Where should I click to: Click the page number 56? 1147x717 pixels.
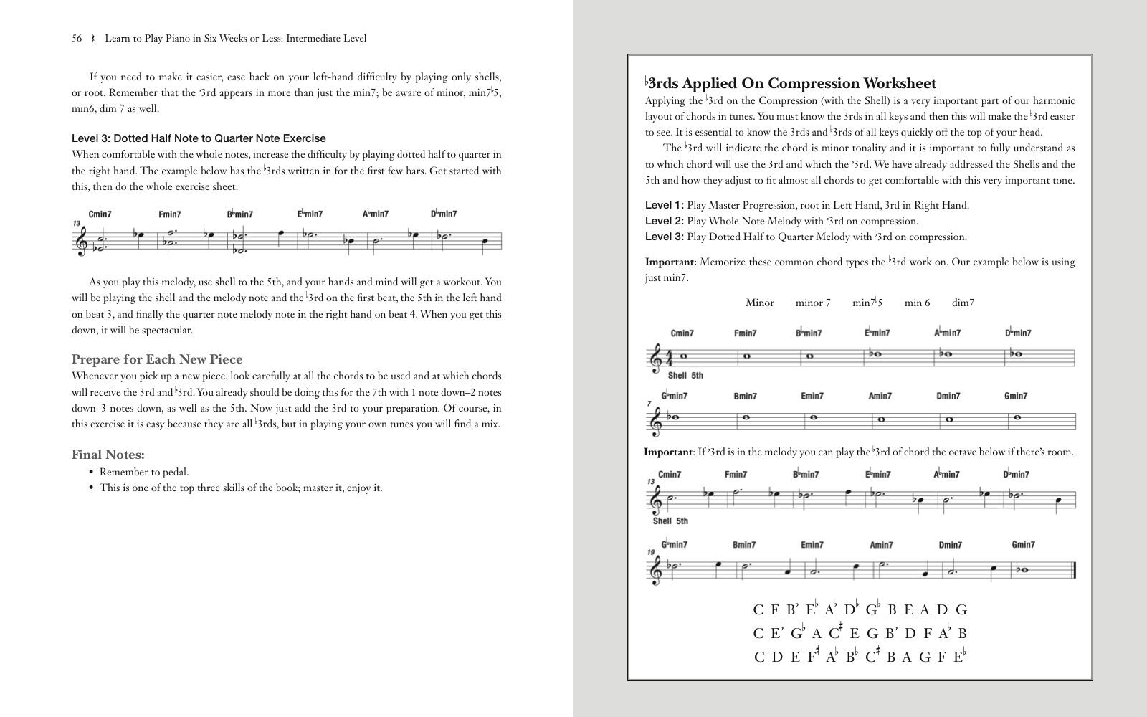[77, 39]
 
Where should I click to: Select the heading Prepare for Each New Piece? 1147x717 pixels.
[157, 359]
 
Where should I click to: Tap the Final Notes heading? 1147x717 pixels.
[108, 455]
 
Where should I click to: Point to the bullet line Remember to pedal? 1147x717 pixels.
[144, 472]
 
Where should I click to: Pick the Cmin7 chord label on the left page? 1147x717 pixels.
[100, 214]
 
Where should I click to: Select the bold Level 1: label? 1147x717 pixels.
[664, 205]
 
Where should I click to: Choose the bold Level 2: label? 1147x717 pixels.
[664, 221]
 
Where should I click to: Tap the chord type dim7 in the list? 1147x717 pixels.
[963, 303]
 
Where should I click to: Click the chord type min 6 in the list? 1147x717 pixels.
[917, 303]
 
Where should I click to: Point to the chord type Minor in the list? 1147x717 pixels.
[759, 303]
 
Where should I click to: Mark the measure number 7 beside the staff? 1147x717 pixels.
[649, 404]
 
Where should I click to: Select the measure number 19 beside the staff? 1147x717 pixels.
[651, 553]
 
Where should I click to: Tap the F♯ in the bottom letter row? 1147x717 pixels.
[813, 656]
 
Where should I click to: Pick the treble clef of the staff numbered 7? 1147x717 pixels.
[655, 422]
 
